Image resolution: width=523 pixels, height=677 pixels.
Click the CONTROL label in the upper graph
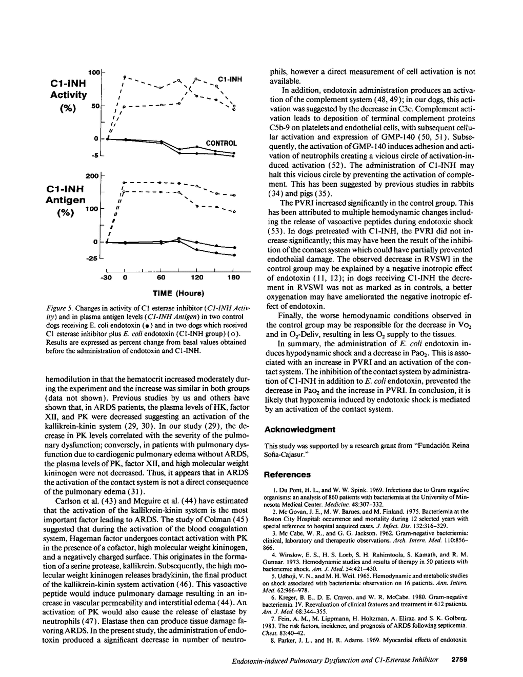(x=221, y=143)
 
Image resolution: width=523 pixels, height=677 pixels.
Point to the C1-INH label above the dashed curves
(x=230, y=79)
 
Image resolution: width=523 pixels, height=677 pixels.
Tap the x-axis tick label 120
(x=197, y=277)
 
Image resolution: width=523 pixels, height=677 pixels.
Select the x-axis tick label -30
(x=108, y=277)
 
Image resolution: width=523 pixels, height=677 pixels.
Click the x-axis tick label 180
(x=233, y=277)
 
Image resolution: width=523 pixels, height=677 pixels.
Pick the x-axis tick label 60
(x=160, y=277)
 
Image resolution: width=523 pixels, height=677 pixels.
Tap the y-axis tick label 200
(x=92, y=176)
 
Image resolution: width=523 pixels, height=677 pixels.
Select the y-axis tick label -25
(x=92, y=258)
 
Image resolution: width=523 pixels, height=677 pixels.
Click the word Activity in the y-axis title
(x=69, y=95)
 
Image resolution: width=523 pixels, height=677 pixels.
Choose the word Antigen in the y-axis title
(x=65, y=200)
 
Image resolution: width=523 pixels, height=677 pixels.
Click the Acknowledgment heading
(x=299, y=429)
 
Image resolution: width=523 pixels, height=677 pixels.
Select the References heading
(x=288, y=474)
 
